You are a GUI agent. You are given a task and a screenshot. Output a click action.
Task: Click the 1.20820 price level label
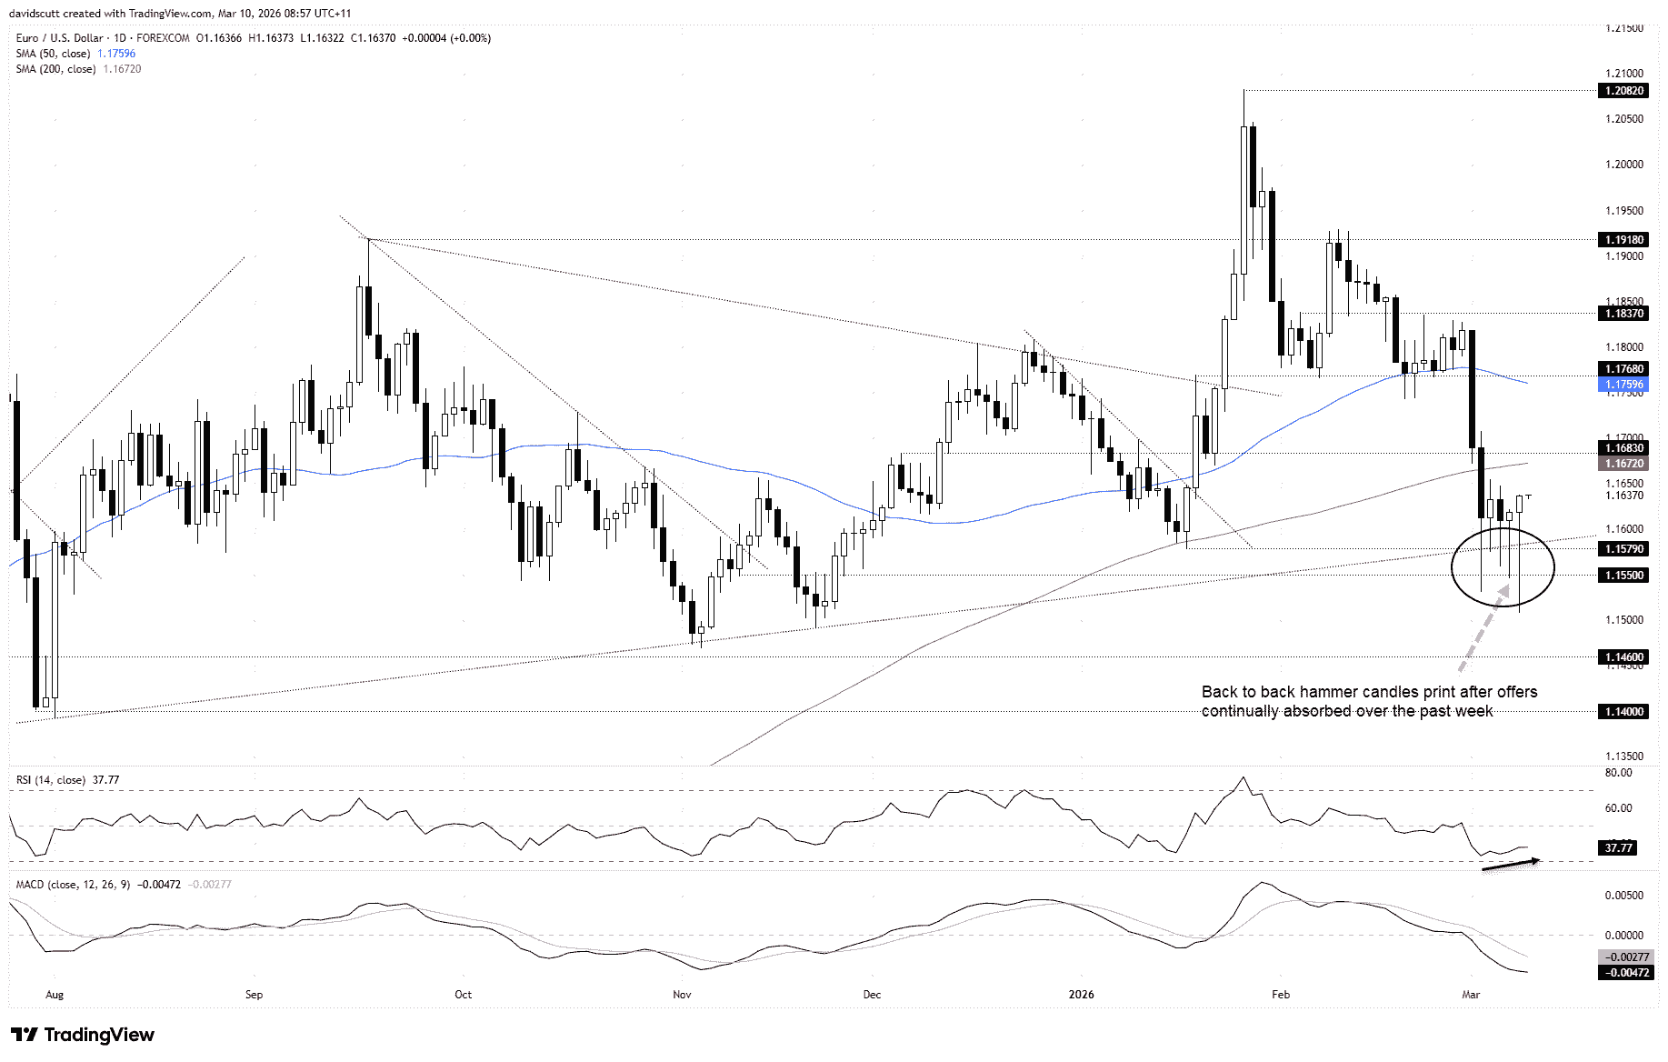[x=1623, y=91]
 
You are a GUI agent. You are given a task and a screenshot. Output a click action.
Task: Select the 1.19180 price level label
[x=1623, y=240]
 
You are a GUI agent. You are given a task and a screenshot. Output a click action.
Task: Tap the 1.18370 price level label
[x=1623, y=314]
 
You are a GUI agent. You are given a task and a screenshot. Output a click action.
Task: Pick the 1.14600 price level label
[x=1623, y=657]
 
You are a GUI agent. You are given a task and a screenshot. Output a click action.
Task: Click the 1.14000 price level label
[x=1623, y=712]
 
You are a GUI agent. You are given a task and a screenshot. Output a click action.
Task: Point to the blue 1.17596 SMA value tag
[x=1623, y=385]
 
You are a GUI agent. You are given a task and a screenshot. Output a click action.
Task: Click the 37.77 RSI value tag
[x=1618, y=848]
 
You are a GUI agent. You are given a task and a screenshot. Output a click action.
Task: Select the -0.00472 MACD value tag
[x=1626, y=973]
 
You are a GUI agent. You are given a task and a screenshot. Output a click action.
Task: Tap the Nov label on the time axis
[x=682, y=995]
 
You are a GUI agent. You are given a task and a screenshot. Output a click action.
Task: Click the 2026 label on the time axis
[x=1081, y=995]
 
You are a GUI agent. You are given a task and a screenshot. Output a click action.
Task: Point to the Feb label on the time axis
[x=1281, y=995]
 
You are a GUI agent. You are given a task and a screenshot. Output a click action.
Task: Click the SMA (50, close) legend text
[x=53, y=54]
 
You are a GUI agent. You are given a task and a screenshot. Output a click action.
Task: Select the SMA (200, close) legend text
[x=55, y=69]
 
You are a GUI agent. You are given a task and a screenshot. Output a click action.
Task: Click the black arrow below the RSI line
[x=1511, y=865]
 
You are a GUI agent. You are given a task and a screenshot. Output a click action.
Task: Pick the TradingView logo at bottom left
[x=83, y=1035]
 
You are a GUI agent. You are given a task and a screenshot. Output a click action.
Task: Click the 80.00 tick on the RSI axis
[x=1618, y=773]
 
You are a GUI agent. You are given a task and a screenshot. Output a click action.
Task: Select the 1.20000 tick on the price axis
[x=1623, y=165]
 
